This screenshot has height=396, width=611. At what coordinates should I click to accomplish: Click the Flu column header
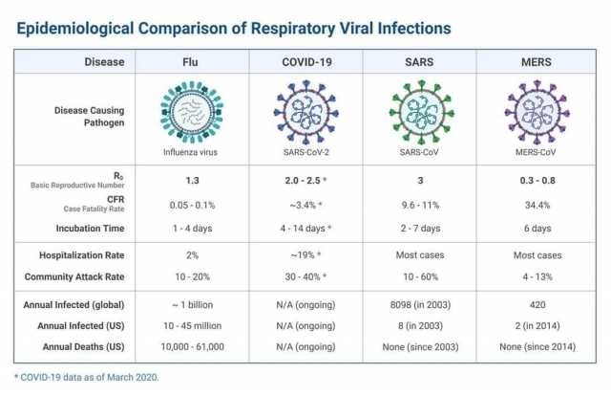(190, 62)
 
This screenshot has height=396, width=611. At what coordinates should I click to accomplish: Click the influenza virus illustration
(190, 112)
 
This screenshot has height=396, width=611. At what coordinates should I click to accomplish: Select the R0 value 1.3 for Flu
(190, 180)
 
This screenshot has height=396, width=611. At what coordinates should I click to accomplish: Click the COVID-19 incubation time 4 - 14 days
(304, 229)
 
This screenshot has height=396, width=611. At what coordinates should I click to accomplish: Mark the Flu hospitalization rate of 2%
(190, 257)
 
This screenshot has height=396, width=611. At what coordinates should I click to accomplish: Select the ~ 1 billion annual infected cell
(190, 307)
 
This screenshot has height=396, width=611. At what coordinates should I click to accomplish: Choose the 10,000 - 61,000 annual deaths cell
(190, 346)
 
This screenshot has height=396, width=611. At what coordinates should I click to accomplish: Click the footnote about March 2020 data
(87, 376)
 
